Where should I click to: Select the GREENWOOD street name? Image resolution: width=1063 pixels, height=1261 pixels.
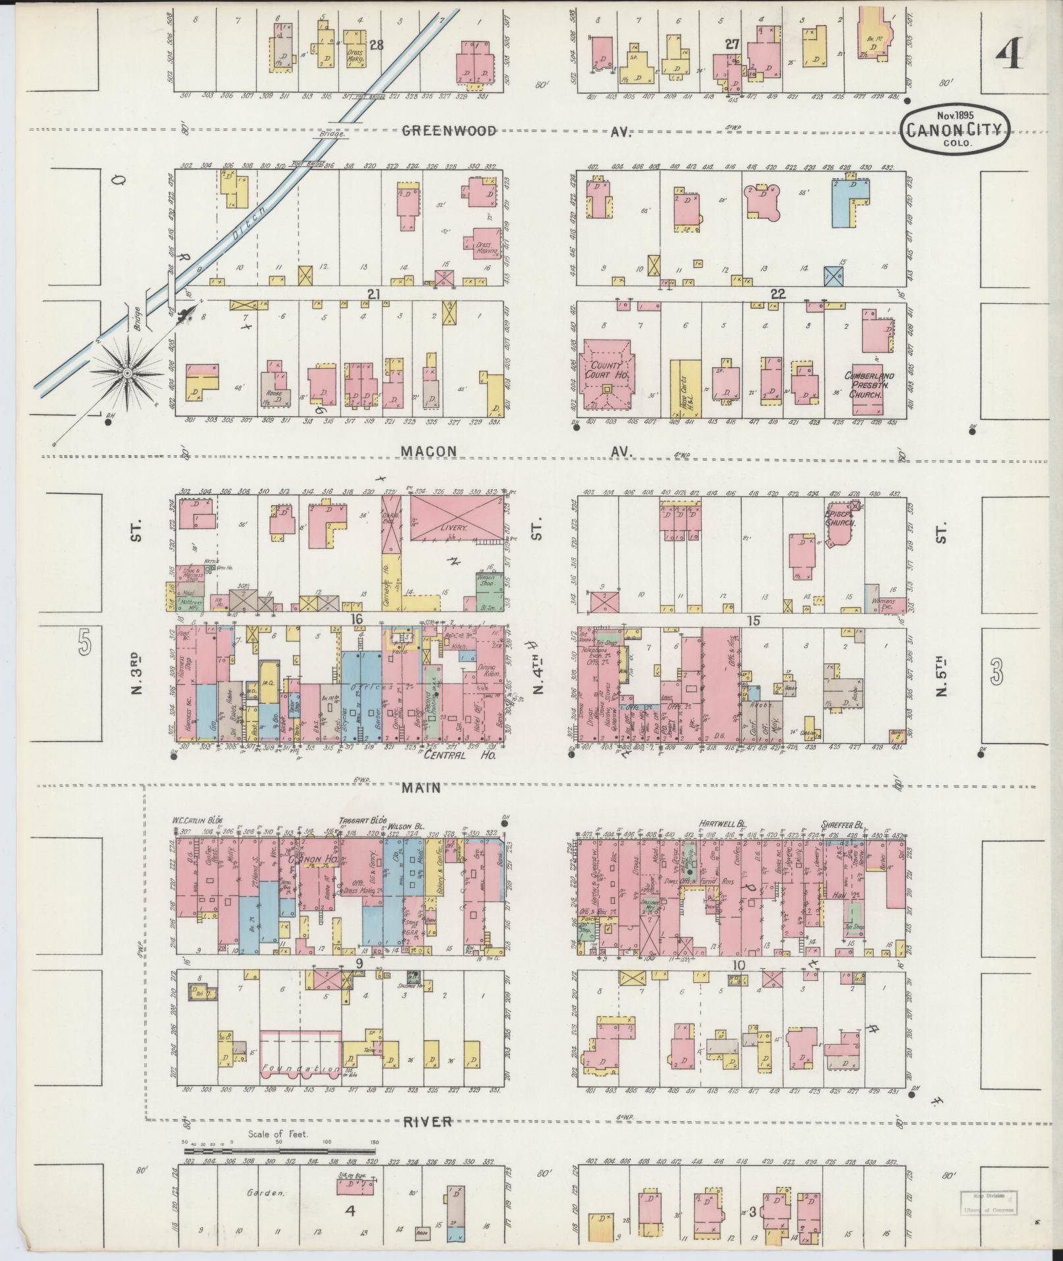tap(449, 131)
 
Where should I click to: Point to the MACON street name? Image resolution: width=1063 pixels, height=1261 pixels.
tap(429, 451)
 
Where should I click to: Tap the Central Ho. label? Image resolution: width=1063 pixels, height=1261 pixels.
tap(457, 755)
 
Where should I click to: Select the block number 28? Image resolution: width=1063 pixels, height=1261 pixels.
tap(376, 45)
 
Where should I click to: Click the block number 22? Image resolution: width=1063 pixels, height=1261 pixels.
tap(778, 294)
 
